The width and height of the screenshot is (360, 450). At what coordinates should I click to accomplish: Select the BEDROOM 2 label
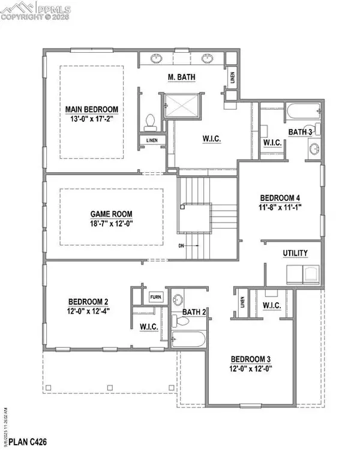(88, 301)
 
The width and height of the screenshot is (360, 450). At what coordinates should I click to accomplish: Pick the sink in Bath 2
(179, 300)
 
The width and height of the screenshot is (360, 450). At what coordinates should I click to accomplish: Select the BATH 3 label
(301, 131)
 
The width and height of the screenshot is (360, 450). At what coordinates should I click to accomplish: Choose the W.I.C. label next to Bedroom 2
(148, 326)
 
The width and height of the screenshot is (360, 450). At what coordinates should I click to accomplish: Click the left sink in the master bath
(157, 59)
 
